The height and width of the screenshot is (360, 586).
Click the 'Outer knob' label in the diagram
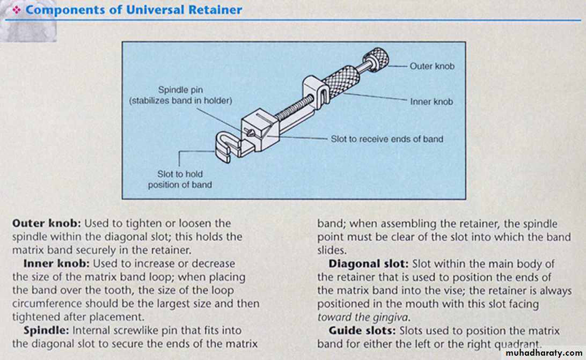(x=431, y=67)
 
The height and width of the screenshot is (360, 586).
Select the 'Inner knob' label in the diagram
(x=431, y=101)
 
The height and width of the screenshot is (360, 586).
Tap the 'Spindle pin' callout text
(x=181, y=90)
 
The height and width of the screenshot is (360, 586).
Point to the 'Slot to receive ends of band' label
(x=387, y=139)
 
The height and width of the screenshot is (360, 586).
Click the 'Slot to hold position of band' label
(x=180, y=179)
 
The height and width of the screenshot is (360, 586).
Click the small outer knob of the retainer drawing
(x=377, y=58)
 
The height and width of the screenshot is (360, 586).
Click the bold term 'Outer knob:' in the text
(x=46, y=223)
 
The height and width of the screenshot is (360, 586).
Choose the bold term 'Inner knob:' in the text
(x=56, y=264)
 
